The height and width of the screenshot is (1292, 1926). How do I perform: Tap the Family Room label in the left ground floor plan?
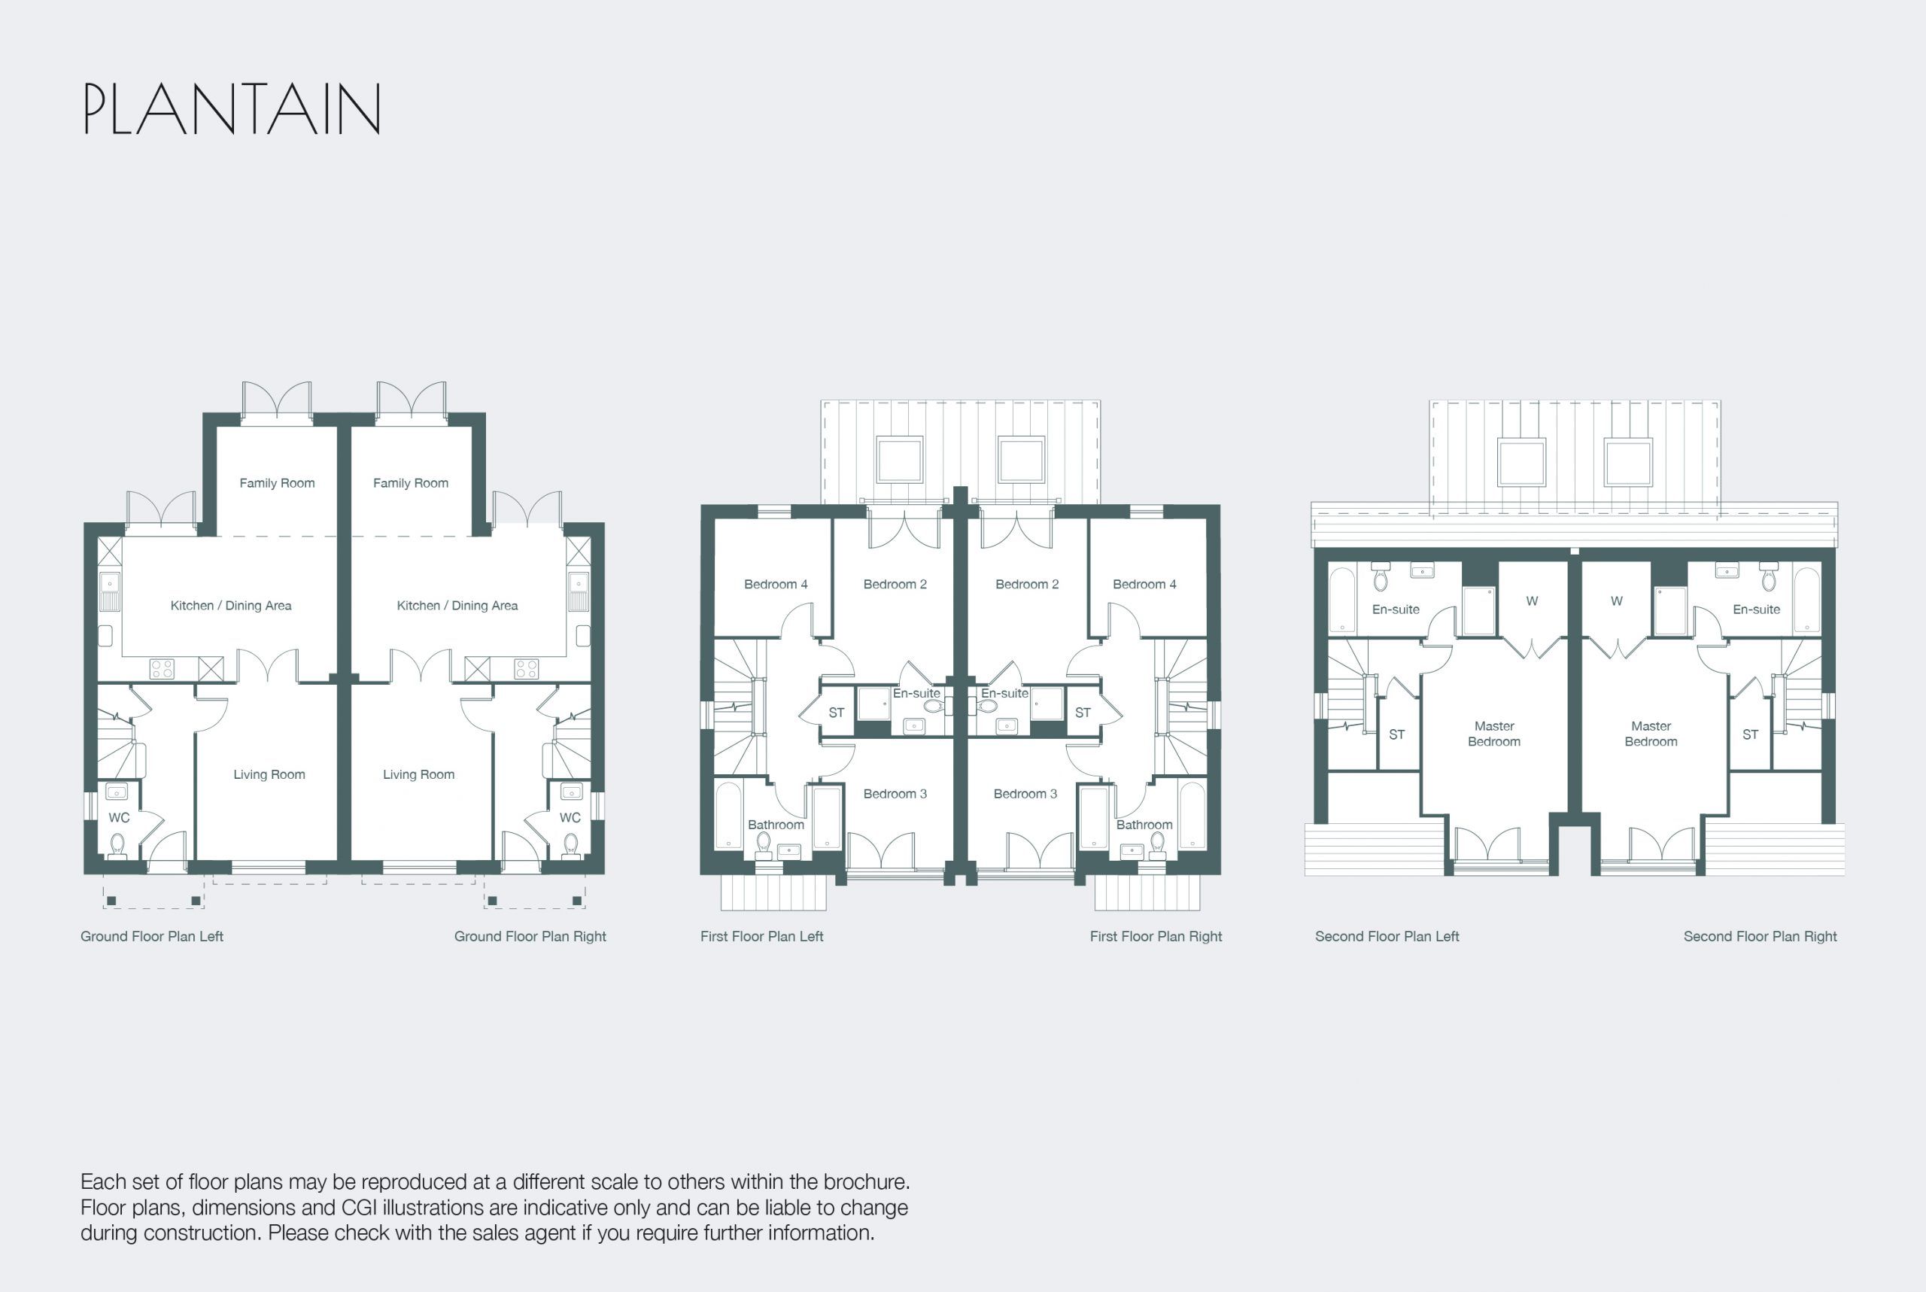coord(277,483)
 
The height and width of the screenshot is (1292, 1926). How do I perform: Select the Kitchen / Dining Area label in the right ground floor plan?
coord(457,606)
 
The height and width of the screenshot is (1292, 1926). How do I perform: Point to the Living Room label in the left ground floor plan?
coord(269,774)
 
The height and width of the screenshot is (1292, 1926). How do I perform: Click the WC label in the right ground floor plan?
coord(570,817)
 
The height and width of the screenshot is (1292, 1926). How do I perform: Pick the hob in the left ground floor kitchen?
coord(163,668)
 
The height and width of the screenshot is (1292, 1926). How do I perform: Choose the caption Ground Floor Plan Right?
coord(530,936)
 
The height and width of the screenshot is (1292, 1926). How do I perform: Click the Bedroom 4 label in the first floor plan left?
coord(775,584)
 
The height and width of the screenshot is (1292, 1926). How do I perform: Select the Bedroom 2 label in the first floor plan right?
coord(1026,584)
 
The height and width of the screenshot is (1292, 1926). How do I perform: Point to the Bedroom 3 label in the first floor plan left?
coord(895,794)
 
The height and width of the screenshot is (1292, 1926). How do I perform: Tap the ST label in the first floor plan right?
coord(1083,713)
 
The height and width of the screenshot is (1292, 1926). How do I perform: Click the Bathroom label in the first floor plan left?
coord(775,825)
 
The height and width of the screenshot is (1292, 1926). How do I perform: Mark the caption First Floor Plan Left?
coord(761,936)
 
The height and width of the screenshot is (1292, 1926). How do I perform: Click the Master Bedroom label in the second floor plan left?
coord(1493,734)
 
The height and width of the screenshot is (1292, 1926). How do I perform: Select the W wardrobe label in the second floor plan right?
coord(1616,600)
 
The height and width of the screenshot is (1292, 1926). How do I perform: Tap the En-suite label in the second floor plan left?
coord(1396,610)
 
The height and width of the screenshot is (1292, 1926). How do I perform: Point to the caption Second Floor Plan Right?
coord(1760,936)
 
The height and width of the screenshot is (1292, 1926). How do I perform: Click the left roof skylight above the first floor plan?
coord(899,460)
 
